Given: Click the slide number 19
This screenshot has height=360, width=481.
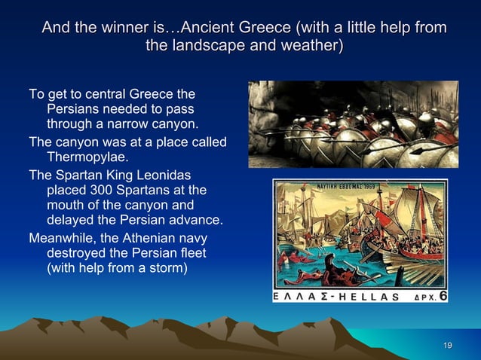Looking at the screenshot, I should tap(447, 345).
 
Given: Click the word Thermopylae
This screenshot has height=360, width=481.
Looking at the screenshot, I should tap(88, 157).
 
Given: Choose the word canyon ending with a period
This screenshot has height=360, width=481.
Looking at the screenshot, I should tap(171, 124).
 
